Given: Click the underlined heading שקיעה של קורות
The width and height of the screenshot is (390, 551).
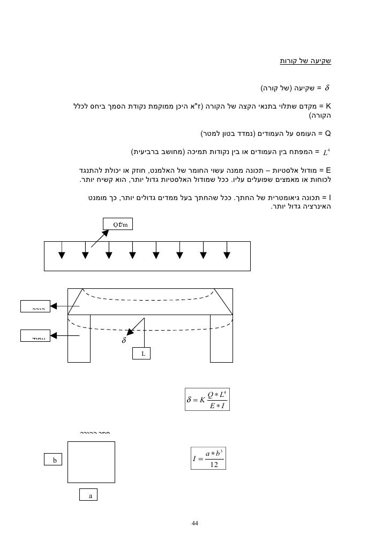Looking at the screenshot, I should pos(305,61).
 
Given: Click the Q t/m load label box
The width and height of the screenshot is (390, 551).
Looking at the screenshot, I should pos(118,224).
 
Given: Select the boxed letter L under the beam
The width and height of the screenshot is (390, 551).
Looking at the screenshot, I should pos(142,354).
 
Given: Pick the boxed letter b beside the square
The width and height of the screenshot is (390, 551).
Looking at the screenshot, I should pos(54,460).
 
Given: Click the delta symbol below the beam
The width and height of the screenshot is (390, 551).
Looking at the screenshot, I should pos(124,340).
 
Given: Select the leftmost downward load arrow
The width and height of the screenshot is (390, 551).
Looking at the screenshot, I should pos(63,251).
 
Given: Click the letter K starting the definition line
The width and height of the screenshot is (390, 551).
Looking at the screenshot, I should pos(329,106).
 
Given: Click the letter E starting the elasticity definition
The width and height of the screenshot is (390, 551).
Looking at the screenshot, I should pos(329,170).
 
